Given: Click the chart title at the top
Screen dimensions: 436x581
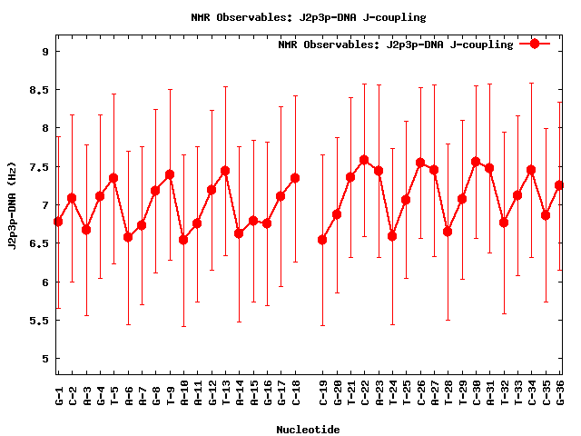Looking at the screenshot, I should pos(309,17).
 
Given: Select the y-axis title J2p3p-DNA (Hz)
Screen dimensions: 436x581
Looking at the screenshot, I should pos(13,204).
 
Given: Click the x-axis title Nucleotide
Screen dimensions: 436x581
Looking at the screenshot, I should pos(308,430).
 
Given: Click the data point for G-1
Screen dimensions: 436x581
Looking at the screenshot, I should pos(58,222).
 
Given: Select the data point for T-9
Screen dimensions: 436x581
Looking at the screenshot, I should pos(170,174).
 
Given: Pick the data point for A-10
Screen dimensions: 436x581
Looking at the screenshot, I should pos(183,240).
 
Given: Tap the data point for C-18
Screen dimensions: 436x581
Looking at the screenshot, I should pos(295,178).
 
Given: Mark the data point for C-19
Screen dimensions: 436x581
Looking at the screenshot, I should pos(322,240).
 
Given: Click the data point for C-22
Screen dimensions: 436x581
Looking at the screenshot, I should pos(364,160).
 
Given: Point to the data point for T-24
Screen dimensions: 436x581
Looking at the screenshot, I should pos(392,236).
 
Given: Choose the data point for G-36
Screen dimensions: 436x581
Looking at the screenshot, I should pos(559,185).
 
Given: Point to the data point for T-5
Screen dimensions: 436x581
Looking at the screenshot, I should pos(113,178).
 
